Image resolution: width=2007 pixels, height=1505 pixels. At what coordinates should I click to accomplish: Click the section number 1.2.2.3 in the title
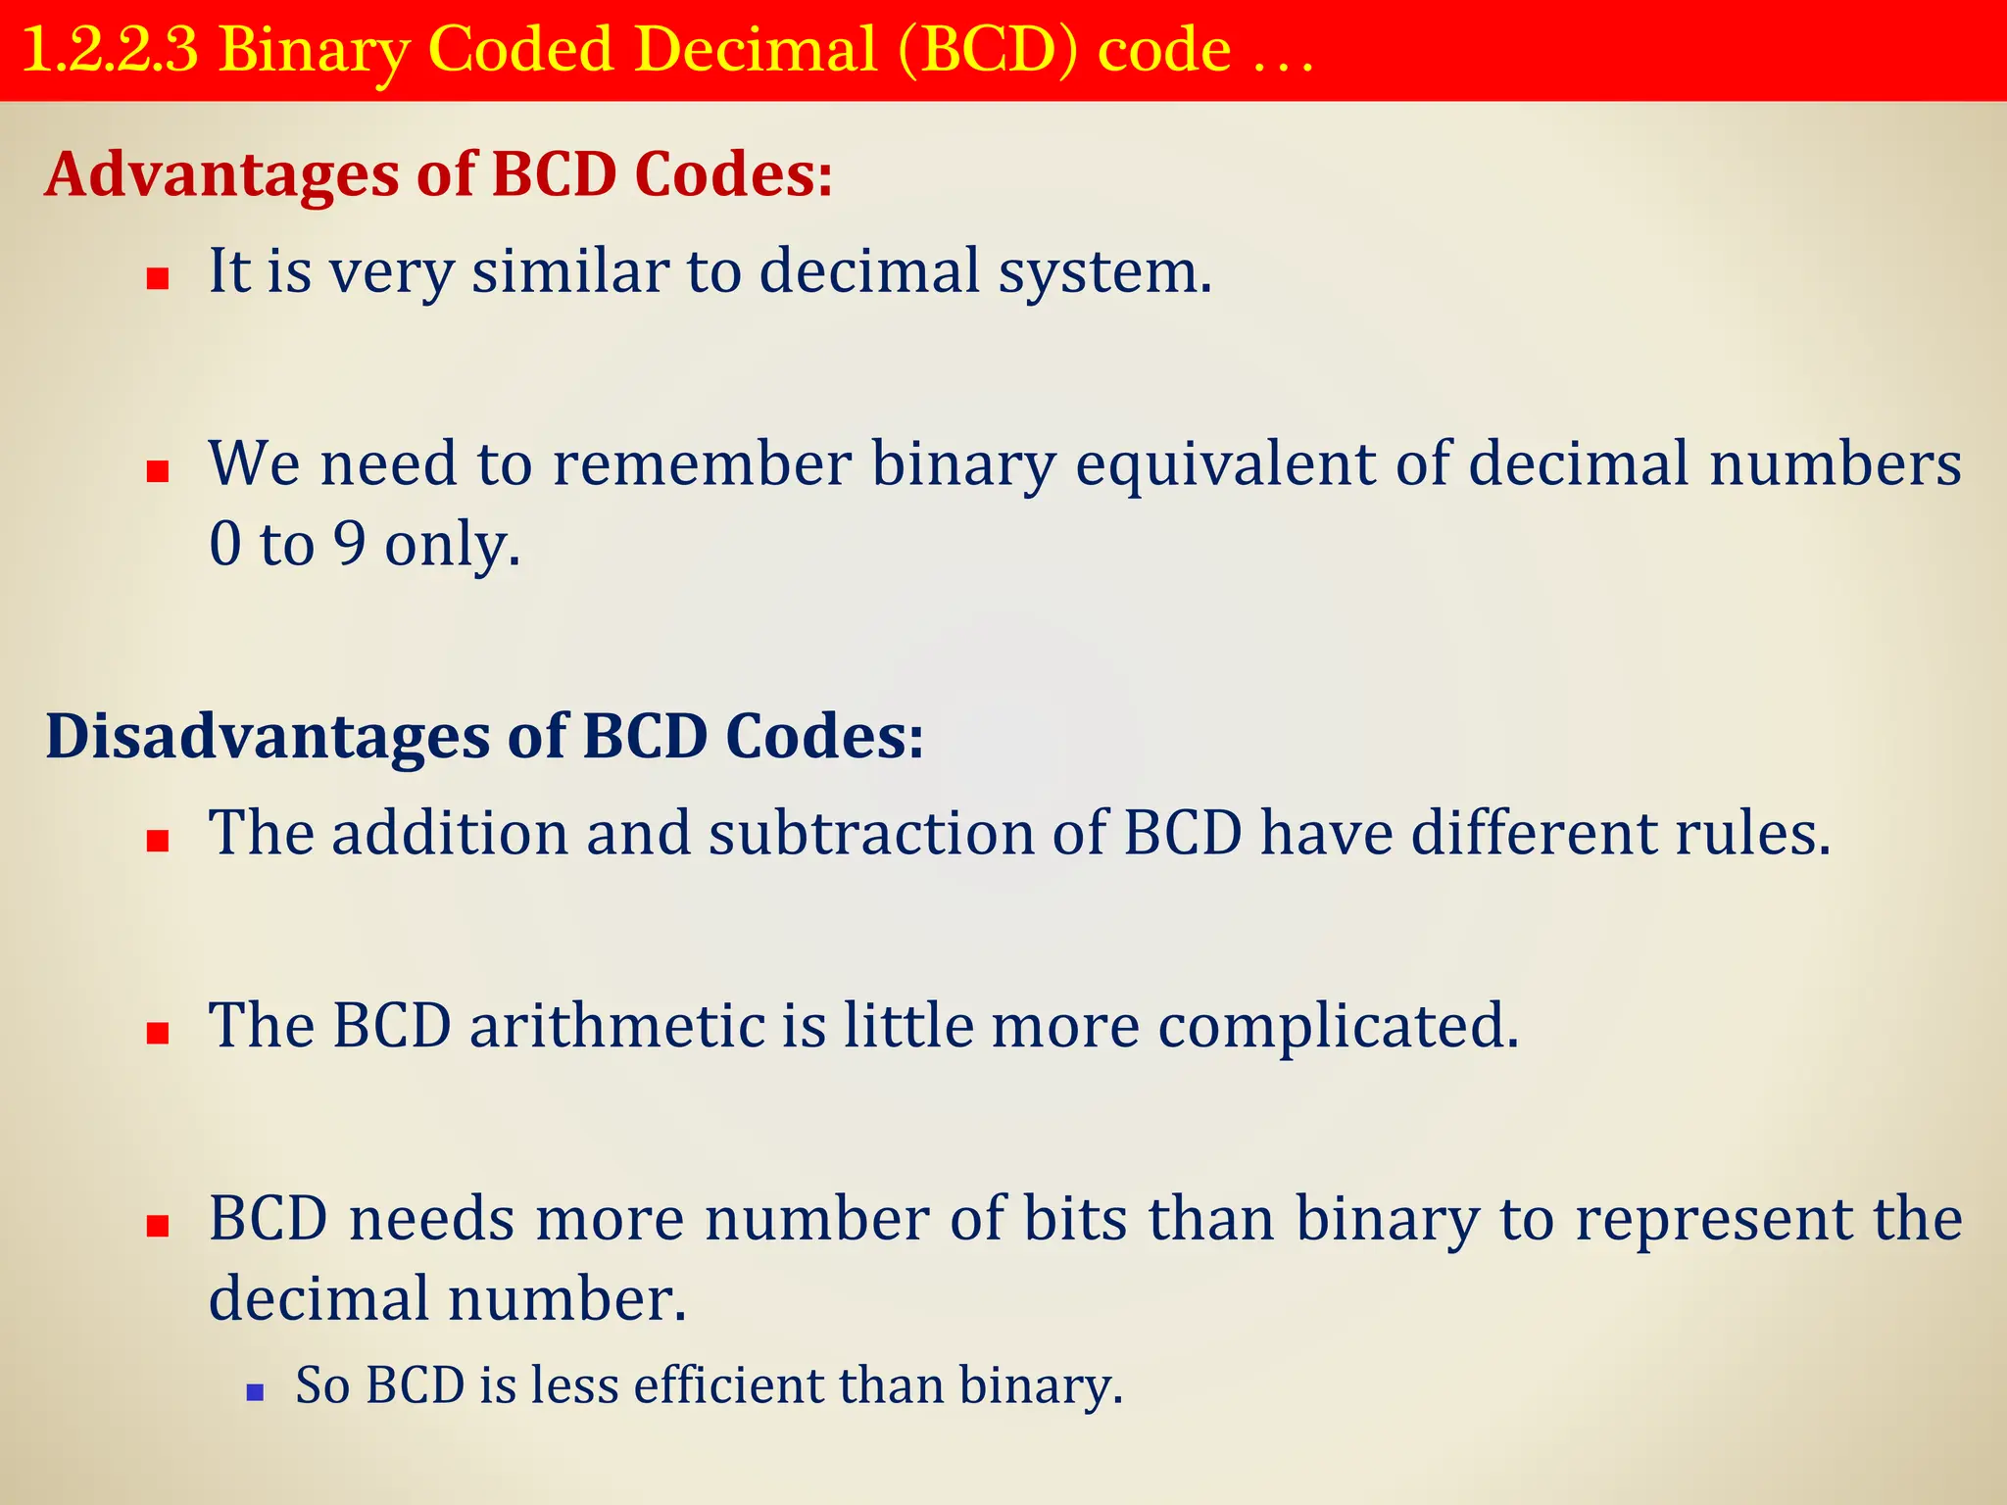click(x=109, y=50)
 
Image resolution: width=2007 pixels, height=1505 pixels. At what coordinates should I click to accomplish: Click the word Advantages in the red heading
click(x=220, y=174)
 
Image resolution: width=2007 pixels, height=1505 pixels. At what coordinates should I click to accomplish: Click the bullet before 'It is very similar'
click(x=158, y=280)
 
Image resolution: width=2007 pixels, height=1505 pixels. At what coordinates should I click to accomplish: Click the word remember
click(x=702, y=463)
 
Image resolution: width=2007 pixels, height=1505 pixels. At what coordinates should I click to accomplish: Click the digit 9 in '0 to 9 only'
click(x=349, y=545)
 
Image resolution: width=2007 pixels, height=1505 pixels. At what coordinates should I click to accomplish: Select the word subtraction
click(x=871, y=833)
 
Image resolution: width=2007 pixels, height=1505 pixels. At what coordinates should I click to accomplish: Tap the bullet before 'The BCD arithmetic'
click(x=158, y=1033)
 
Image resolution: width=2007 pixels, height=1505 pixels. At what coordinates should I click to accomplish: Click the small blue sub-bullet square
click(x=256, y=1391)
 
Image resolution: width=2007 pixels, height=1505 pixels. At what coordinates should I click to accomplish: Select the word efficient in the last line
click(x=727, y=1385)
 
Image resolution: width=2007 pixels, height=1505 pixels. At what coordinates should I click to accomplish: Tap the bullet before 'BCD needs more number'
click(x=158, y=1226)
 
